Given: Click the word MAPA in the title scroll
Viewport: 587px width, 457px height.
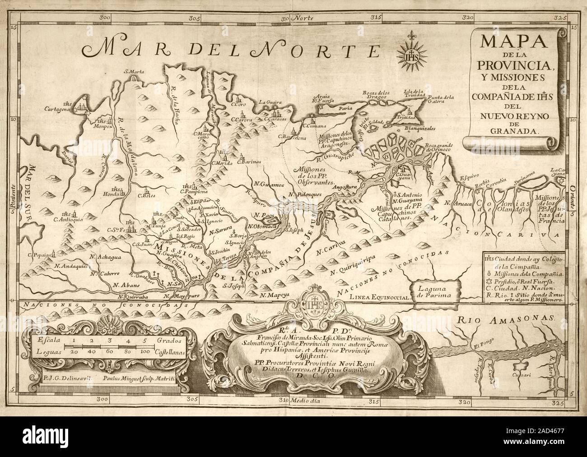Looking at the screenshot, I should [510, 44].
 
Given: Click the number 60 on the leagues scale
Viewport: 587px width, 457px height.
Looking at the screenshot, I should [109, 351].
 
